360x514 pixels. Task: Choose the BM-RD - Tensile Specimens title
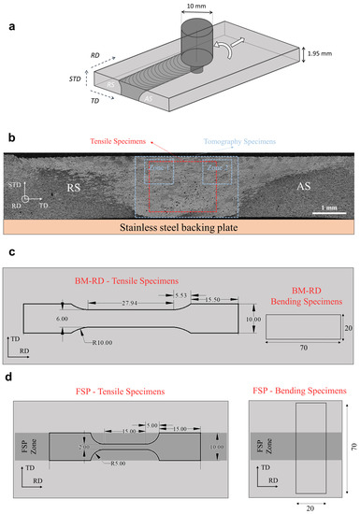126,279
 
